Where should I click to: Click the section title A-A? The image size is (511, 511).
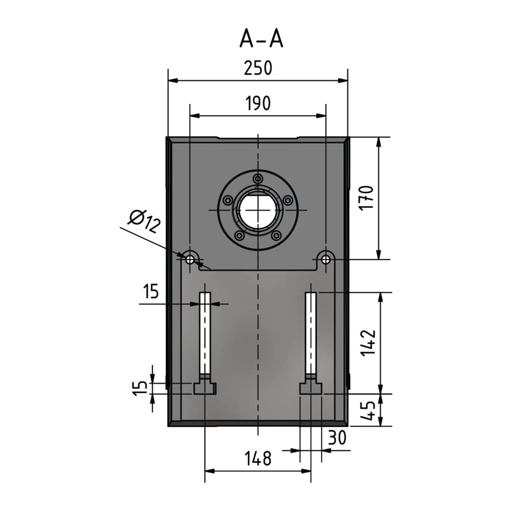261,39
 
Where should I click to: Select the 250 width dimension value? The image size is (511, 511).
258,68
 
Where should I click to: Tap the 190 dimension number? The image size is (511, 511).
258,103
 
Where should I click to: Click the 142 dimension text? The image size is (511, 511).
368,342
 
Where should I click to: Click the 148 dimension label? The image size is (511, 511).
258,458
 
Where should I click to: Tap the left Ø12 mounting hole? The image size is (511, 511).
190,260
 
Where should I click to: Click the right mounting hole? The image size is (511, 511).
326,260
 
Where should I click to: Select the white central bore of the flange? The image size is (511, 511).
258,210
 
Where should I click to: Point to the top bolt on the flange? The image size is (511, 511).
258,178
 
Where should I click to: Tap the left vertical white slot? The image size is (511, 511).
205,333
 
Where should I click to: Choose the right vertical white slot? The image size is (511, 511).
311,333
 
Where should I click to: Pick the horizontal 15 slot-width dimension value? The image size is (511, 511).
151,291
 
